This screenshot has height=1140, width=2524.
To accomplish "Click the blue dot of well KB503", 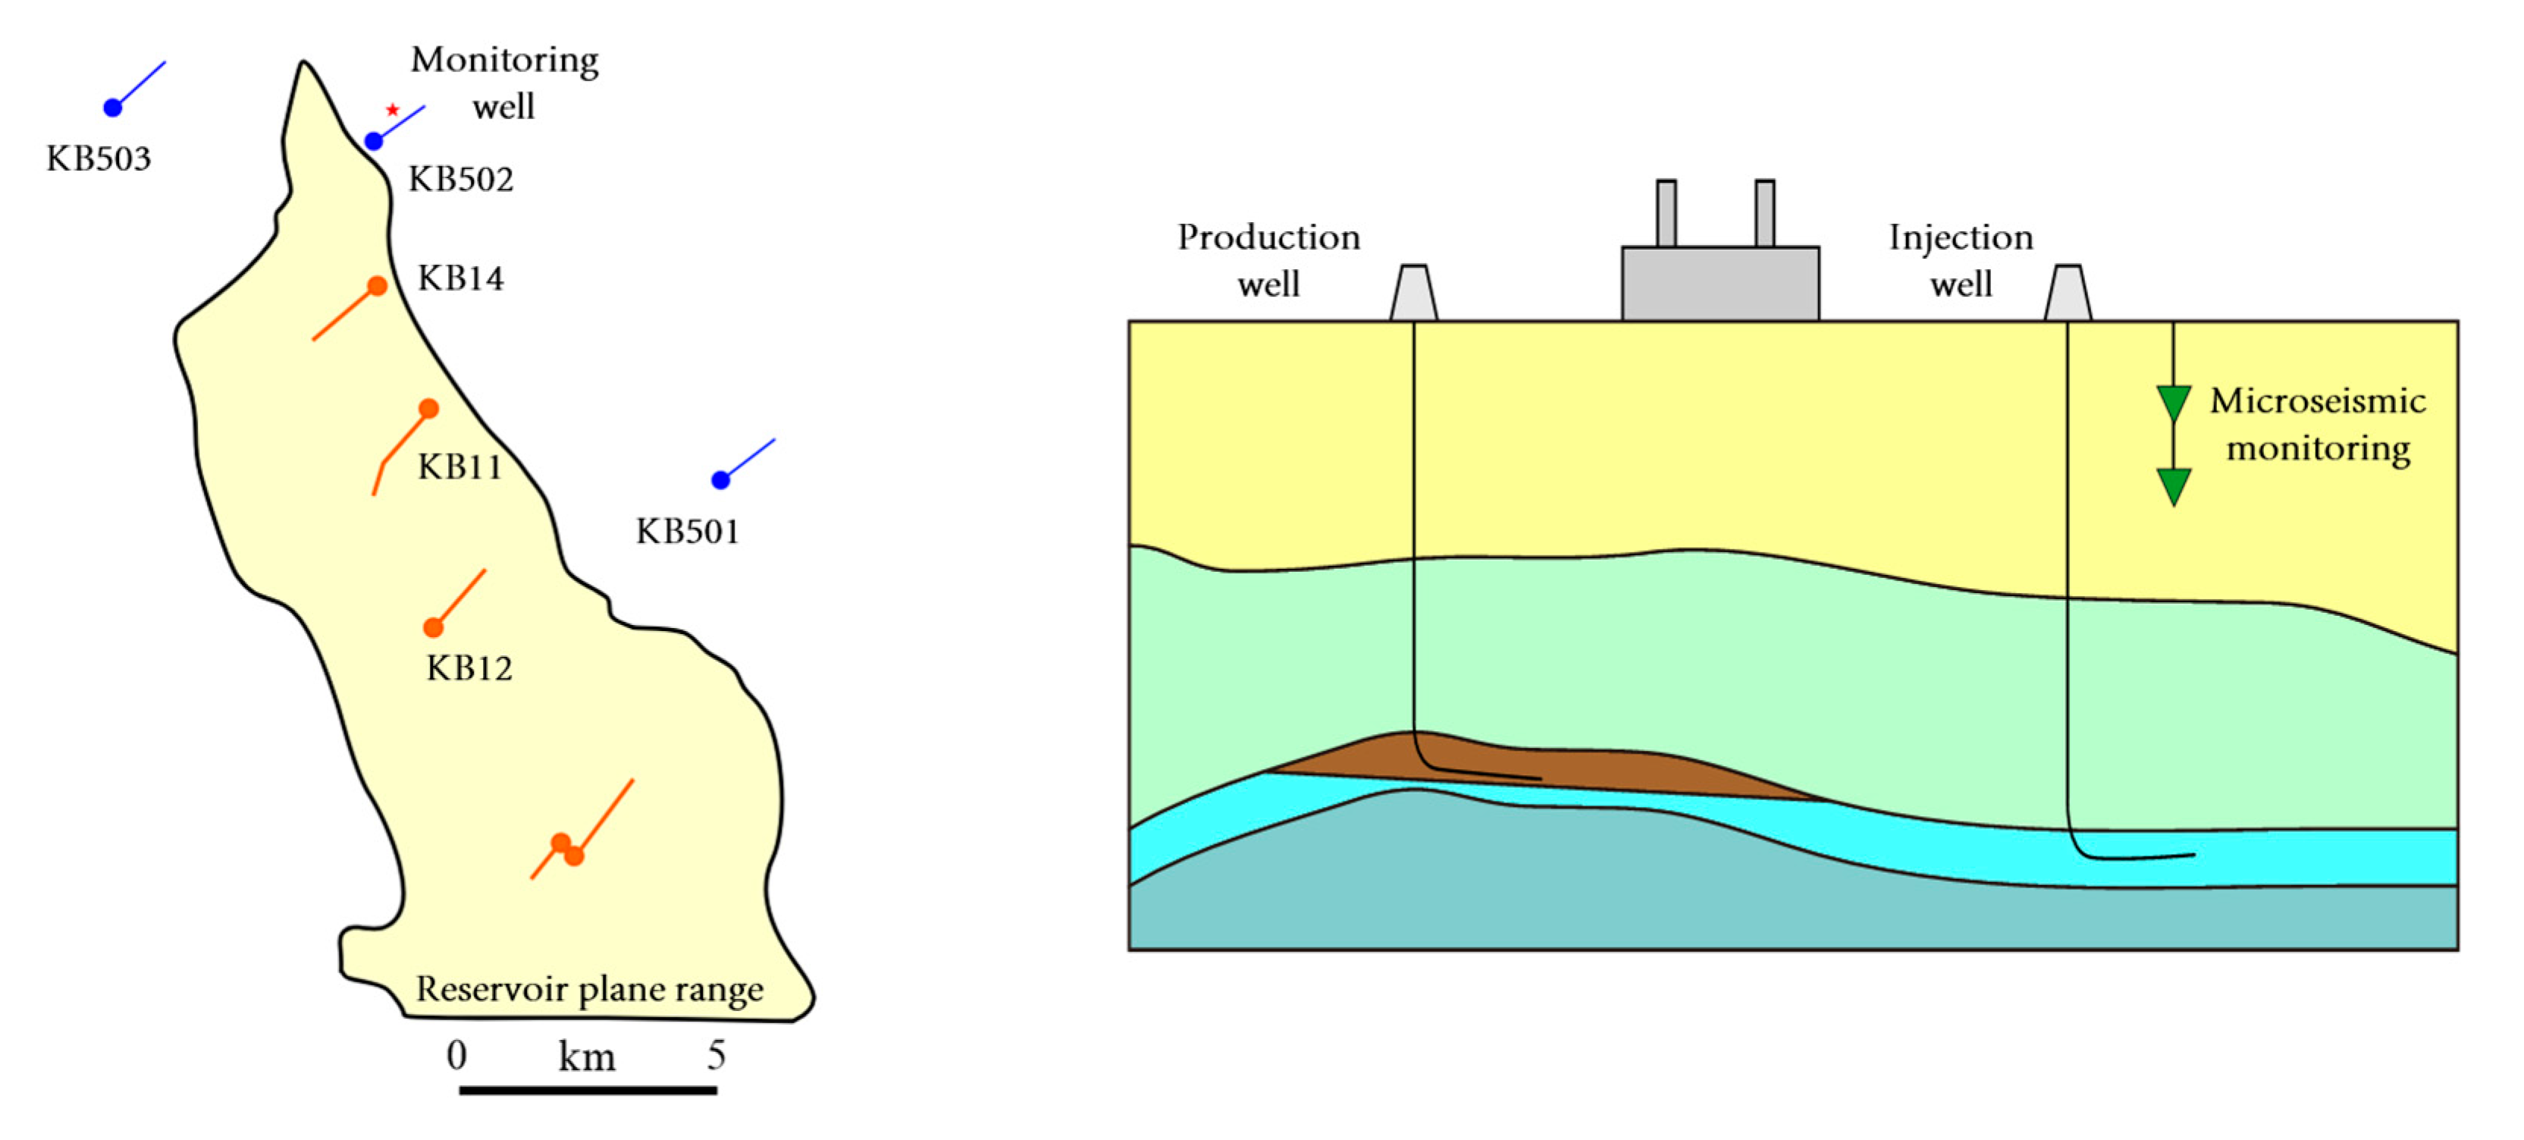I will tap(113, 107).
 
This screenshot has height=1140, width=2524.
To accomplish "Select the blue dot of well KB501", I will tap(720, 479).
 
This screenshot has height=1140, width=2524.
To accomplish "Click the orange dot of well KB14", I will tap(378, 285).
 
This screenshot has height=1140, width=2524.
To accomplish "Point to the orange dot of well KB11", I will tap(428, 408).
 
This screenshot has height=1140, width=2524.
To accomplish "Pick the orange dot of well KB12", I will tap(433, 627).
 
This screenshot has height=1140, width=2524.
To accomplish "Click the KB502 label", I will tap(460, 179).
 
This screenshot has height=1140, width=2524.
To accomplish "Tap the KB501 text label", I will tap(687, 531).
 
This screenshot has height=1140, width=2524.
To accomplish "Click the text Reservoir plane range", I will tap(589, 989).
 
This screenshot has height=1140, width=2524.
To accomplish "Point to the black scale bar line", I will tap(588, 1090).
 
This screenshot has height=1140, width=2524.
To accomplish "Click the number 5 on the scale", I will tap(716, 1056).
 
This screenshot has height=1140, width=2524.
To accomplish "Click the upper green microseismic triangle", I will tap(2173, 403).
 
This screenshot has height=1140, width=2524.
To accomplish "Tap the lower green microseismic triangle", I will tap(2173, 486).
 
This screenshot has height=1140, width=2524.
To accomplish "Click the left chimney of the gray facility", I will tap(1666, 212).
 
